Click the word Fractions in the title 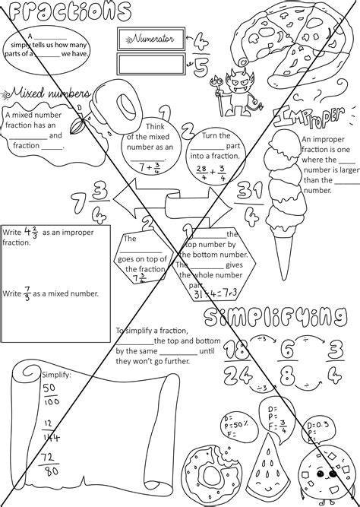[64, 11]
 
